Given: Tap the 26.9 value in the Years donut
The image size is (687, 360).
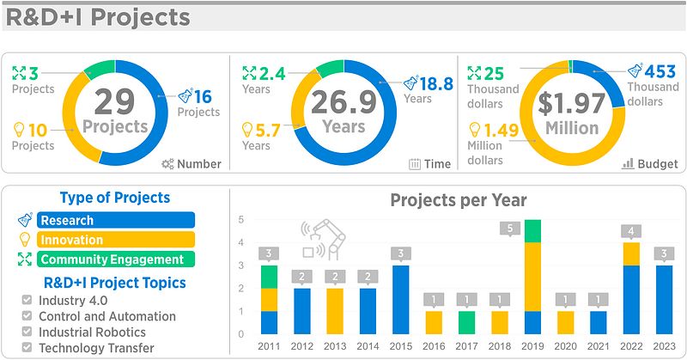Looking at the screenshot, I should coord(343,101).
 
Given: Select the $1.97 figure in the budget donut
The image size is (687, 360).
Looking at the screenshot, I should coord(572,103).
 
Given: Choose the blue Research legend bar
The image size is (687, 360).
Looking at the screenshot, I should coord(116,221).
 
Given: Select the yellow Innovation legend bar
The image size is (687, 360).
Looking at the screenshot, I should coord(116,240).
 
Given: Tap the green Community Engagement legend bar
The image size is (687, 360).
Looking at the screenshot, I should coord(116,259).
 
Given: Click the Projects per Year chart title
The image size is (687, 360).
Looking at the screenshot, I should coord(459,200).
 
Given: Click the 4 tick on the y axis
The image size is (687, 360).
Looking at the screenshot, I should coord(241,242).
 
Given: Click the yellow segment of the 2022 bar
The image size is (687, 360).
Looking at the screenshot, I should coord(630,253).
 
